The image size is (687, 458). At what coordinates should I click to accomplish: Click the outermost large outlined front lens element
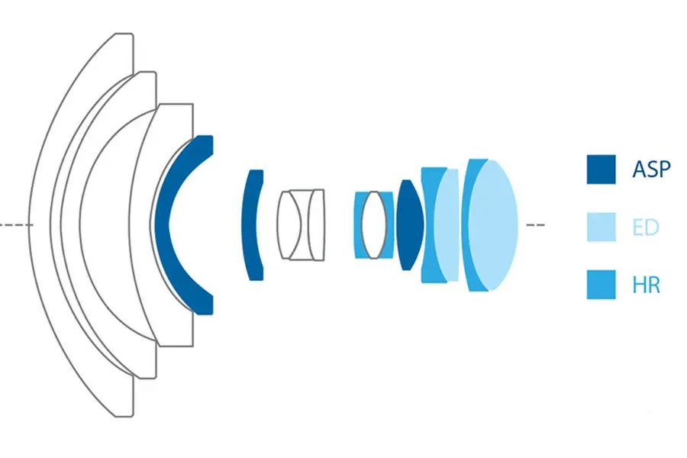[x=40, y=225]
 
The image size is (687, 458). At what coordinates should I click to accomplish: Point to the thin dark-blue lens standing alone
[x=249, y=225]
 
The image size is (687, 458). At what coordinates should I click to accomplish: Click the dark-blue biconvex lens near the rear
[x=410, y=225]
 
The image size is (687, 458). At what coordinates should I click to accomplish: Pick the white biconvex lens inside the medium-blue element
[x=374, y=225]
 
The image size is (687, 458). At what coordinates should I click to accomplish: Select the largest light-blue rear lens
[x=493, y=225]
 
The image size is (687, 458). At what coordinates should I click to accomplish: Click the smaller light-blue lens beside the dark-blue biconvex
[x=447, y=225]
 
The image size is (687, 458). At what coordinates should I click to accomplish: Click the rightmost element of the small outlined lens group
[x=317, y=225]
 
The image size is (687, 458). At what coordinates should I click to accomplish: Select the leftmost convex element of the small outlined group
[x=285, y=225]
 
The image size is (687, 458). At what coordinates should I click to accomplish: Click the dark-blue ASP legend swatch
[x=602, y=169]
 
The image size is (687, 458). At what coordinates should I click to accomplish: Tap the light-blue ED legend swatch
[x=602, y=227]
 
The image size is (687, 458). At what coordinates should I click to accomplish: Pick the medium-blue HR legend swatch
[x=602, y=285]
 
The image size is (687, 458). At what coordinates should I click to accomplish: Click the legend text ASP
[x=651, y=169]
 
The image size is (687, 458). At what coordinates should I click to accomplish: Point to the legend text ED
[x=646, y=227]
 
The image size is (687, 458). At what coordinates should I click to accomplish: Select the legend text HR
[x=647, y=285]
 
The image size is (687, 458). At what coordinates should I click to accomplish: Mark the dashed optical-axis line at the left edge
[x=16, y=225]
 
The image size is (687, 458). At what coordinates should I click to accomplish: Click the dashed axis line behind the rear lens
[x=535, y=225]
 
